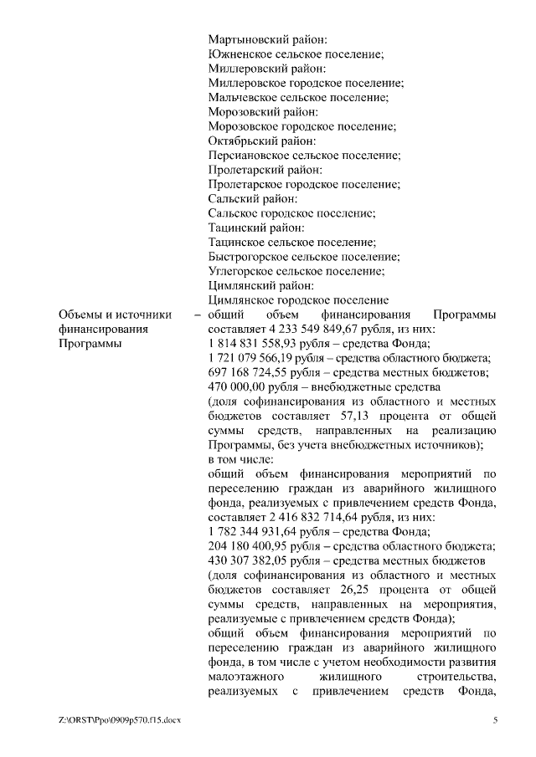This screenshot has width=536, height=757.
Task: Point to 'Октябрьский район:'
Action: point(262,141)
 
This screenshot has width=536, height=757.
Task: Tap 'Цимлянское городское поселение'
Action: point(297,299)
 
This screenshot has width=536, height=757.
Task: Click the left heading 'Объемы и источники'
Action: point(115,315)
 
